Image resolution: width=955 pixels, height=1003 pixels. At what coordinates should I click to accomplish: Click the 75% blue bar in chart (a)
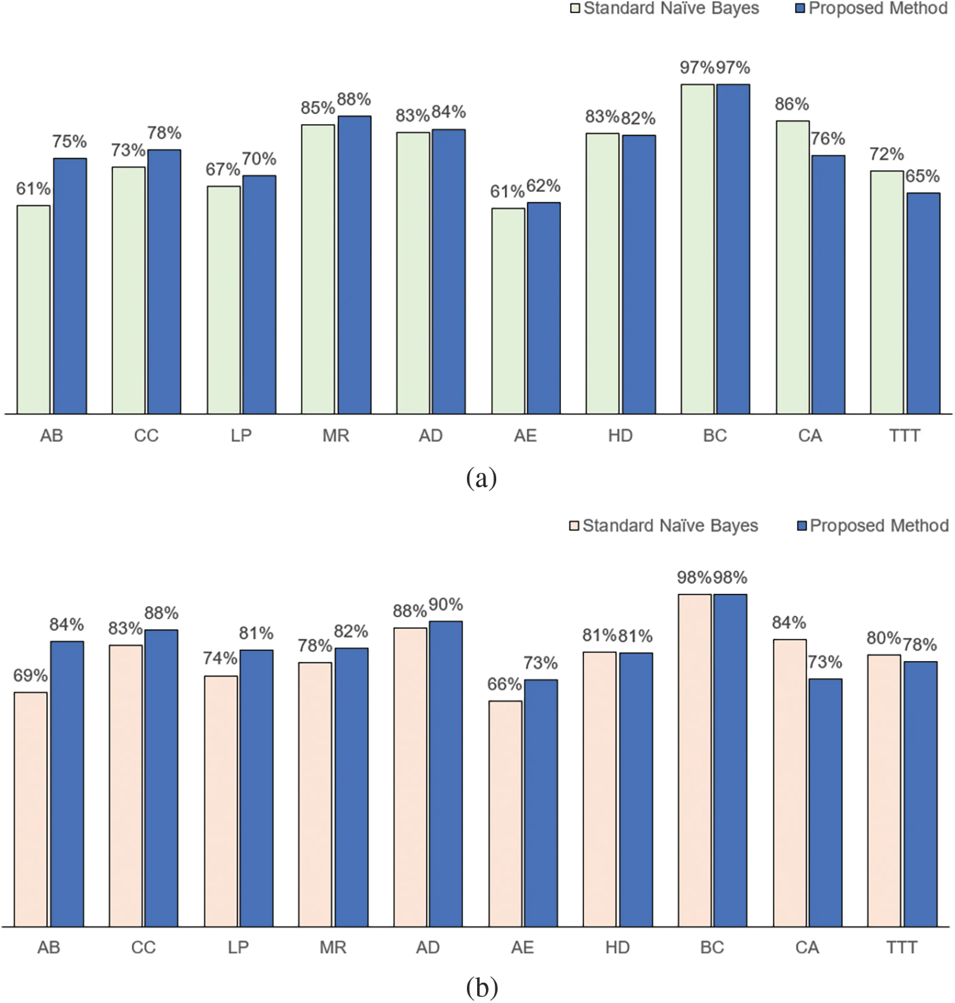[70, 286]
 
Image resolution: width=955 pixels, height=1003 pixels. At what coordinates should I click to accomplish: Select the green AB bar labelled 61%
[34, 310]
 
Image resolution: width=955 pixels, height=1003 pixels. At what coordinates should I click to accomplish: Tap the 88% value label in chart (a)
[354, 99]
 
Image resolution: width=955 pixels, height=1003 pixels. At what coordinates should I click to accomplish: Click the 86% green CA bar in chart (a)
[793, 267]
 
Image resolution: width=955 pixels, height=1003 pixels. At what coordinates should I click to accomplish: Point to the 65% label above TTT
[922, 176]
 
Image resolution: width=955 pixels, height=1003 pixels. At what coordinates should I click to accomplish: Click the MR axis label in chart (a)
[336, 436]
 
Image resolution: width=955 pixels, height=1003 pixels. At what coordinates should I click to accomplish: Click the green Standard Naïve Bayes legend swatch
[575, 8]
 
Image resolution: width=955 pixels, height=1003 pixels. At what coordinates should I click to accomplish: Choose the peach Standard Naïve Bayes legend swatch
[574, 526]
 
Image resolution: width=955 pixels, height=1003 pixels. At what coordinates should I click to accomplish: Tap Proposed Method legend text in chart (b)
[879, 525]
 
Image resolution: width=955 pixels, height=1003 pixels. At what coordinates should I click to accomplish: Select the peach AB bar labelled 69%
[31, 809]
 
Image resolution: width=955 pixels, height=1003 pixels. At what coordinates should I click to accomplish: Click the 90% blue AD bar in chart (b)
[446, 774]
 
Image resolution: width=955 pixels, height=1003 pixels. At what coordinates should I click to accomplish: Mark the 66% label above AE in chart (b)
[504, 684]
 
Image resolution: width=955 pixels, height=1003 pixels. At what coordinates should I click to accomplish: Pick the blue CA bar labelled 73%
[825, 803]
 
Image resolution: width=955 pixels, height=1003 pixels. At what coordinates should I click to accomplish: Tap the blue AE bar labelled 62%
[544, 308]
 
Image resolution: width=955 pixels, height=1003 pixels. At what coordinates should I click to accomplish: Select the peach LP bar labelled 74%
[221, 801]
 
